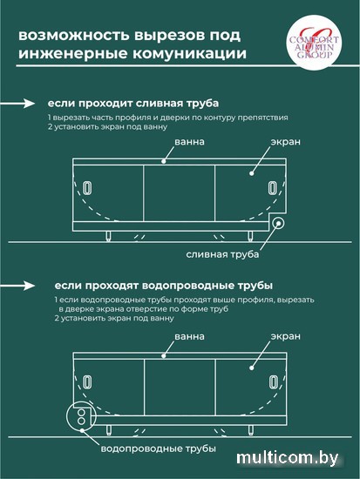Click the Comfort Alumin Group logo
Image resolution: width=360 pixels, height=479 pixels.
coord(314,43)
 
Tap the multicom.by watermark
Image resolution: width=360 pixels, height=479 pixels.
coord(287,457)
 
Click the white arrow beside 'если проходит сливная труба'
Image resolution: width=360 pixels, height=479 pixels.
coord(17,104)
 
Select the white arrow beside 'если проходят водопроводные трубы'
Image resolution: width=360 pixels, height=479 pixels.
coord(17,286)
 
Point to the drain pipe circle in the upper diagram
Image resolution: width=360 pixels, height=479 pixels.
coord(278,223)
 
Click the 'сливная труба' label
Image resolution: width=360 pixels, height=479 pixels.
coord(222,254)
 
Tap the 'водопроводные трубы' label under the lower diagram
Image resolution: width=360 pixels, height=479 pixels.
coord(158,449)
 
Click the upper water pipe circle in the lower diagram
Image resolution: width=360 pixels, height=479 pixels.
coord(81,413)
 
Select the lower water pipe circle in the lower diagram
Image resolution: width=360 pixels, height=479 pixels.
coord(81,421)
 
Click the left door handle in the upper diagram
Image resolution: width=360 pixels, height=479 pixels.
coord(88,187)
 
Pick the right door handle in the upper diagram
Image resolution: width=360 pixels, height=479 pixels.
coord(273,187)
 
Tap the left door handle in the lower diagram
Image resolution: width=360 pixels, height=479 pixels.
coord(88,382)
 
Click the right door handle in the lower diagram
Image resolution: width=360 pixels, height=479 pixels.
coord(273,382)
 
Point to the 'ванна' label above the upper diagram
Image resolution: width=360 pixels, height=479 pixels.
coord(189,142)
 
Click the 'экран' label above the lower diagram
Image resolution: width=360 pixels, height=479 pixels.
coord(285,336)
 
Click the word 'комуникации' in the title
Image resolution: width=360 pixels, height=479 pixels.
coord(189,53)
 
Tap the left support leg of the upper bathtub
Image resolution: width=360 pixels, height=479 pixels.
coord(108,236)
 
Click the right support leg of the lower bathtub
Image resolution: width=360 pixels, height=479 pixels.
coord(251,431)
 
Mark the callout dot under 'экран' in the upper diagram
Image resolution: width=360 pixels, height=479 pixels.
coord(251,173)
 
